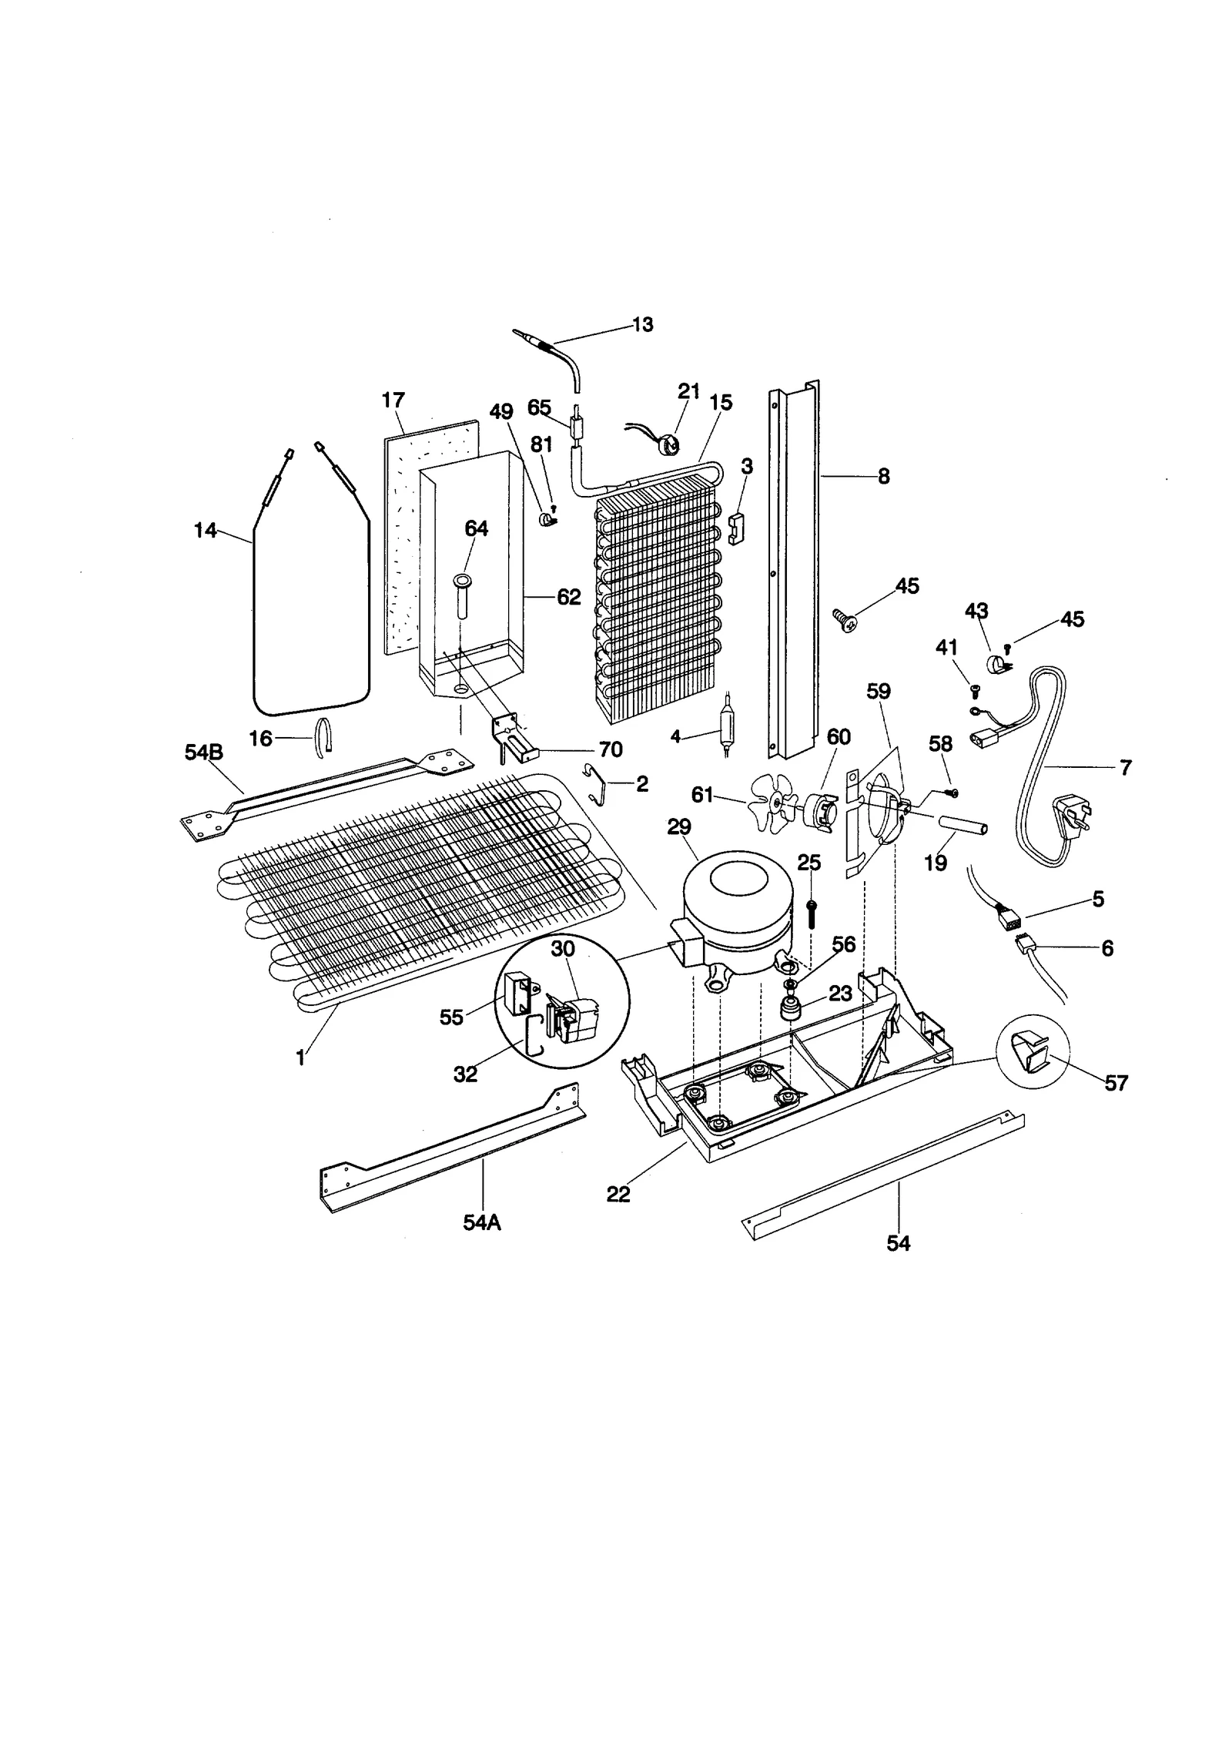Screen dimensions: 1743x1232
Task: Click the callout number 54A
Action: (x=482, y=1222)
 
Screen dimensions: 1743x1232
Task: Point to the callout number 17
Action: (x=393, y=400)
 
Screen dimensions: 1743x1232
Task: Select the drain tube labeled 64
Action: (x=462, y=595)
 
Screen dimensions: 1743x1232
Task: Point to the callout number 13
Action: (x=642, y=325)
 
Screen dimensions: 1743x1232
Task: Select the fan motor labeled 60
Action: (x=819, y=810)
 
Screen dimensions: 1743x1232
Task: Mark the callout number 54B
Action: (x=203, y=753)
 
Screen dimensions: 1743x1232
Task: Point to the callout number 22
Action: (x=618, y=1194)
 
